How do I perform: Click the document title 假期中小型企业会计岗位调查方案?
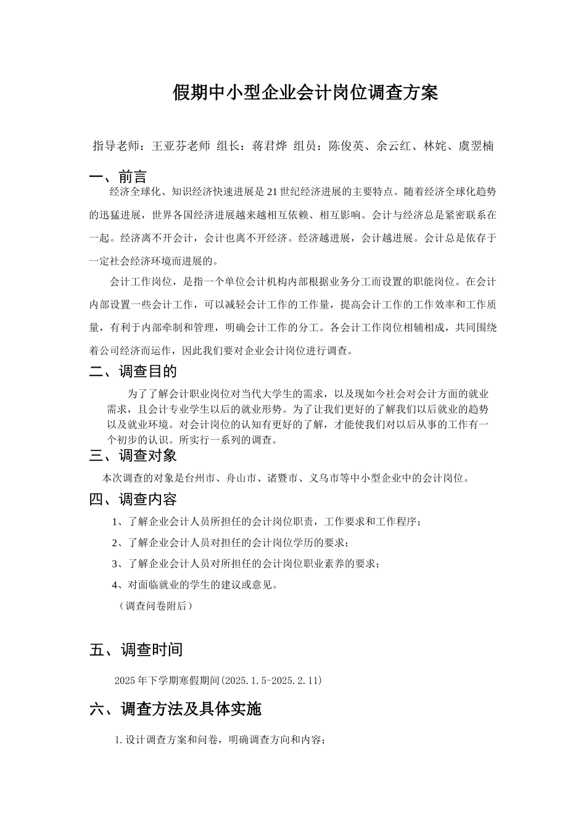click(x=305, y=93)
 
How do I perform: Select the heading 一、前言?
click(x=118, y=178)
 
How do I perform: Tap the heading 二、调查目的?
click(x=133, y=371)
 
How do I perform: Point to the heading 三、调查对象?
click(x=133, y=456)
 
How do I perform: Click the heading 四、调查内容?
click(x=133, y=499)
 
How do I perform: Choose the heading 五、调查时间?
click(x=136, y=650)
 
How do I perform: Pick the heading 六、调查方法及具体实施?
click(x=175, y=709)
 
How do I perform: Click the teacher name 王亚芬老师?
click(x=181, y=146)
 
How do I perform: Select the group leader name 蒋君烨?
click(x=270, y=146)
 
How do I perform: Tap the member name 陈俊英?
click(x=346, y=146)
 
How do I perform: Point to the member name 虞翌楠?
click(x=475, y=146)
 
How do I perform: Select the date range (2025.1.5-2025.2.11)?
click(x=271, y=681)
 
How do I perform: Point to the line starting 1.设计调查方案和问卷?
click(x=220, y=740)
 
